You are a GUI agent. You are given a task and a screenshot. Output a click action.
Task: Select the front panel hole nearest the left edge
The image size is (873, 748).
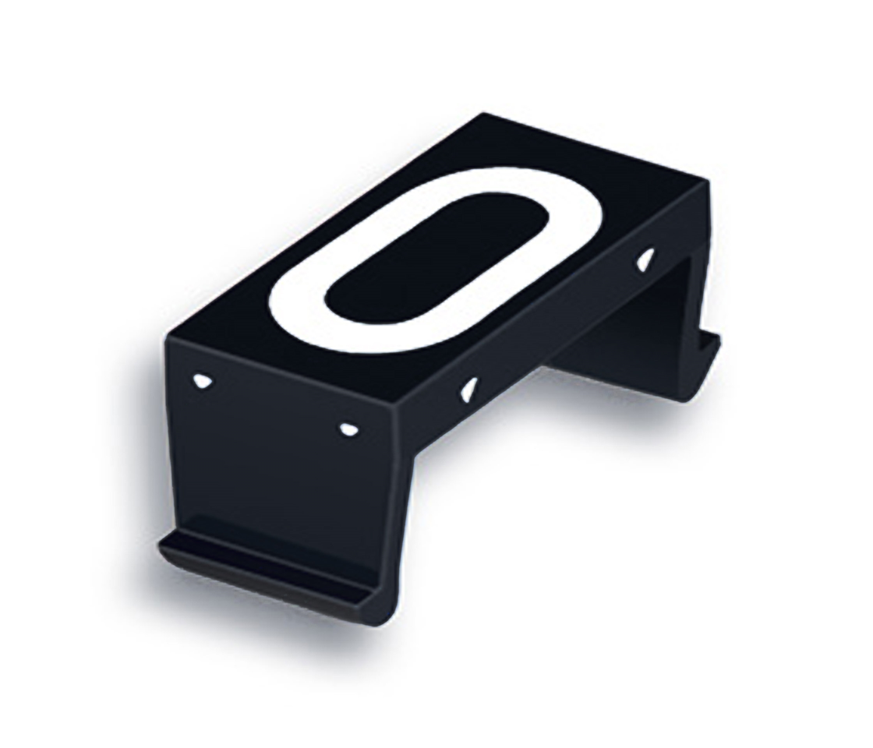(x=202, y=381)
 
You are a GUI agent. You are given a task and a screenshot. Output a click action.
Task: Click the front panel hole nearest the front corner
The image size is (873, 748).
(x=346, y=428)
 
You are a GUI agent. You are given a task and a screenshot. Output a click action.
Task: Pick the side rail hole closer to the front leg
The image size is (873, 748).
(x=469, y=388)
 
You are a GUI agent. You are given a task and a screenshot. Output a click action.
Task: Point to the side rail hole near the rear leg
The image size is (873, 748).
(x=646, y=261)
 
